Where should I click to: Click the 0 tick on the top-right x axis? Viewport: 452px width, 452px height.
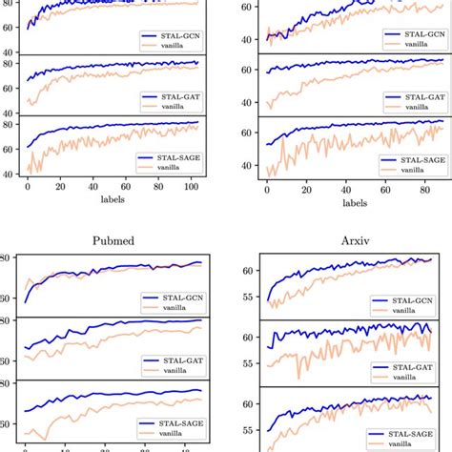click(267, 189)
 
